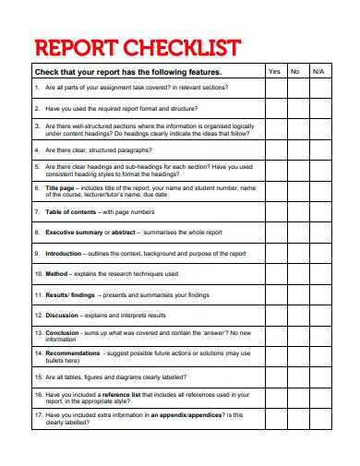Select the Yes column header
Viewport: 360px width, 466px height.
pos(274,71)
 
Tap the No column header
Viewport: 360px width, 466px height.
pos(295,71)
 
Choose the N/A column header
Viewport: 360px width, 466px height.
pos(319,71)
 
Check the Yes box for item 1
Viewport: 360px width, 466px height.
pos(274,88)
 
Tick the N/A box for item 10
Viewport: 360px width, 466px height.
pos(319,274)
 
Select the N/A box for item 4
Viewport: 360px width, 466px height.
pos(319,149)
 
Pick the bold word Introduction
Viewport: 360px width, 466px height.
pos(64,253)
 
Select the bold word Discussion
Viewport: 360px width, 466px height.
pos(61,316)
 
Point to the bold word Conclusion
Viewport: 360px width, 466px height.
pos(62,332)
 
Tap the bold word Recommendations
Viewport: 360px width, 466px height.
pos(71,352)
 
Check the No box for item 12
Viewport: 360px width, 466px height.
pos(295,316)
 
